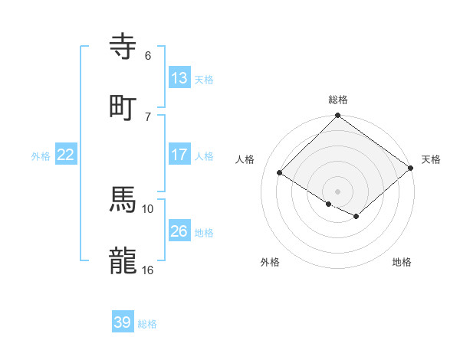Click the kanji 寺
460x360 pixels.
pyautogui.click(x=123, y=47)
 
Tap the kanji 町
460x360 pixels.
pyautogui.click(x=123, y=108)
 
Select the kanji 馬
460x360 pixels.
pyautogui.click(x=123, y=200)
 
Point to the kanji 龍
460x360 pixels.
pyautogui.click(x=123, y=261)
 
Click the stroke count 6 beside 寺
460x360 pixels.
pyautogui.click(x=147, y=55)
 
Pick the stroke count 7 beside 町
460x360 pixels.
pyautogui.click(x=147, y=116)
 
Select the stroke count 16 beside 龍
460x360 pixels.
pyautogui.click(x=148, y=270)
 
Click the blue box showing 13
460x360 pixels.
pyautogui.click(x=179, y=78)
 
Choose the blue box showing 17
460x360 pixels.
pyautogui.click(x=179, y=155)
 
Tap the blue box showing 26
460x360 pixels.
pyautogui.click(x=179, y=231)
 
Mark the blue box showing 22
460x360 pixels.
pyautogui.click(x=65, y=155)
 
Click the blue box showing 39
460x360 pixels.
pyautogui.click(x=123, y=322)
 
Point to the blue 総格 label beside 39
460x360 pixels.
pyautogui.click(x=147, y=324)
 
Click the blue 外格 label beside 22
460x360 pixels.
pyautogui.click(x=41, y=156)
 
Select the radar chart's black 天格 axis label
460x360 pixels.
pyautogui.click(x=431, y=159)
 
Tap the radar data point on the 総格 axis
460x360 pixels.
pyautogui.click(x=337, y=116)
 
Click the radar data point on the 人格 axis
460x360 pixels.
pyautogui.click(x=280, y=173)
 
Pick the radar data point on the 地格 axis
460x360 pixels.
pyautogui.click(x=356, y=218)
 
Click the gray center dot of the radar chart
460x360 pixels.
pyautogui.click(x=337, y=191)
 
